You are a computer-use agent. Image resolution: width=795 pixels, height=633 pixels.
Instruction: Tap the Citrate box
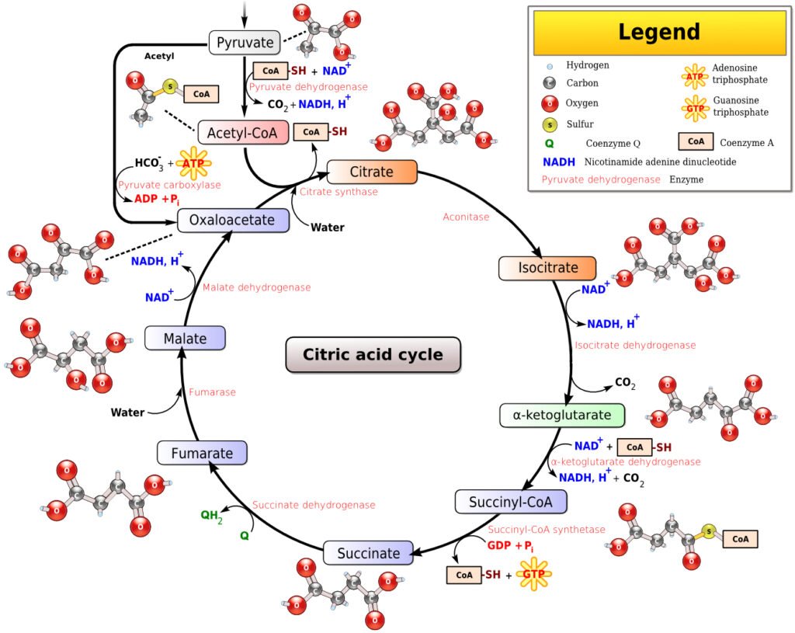(x=372, y=172)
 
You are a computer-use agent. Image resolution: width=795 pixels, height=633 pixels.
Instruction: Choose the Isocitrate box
(x=547, y=268)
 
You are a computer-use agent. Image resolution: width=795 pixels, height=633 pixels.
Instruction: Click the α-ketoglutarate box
(x=561, y=415)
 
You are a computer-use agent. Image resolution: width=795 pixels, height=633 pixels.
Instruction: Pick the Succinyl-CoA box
(x=510, y=502)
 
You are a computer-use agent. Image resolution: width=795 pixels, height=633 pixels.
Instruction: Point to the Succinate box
(x=368, y=554)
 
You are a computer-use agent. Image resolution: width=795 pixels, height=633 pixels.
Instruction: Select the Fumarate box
(x=202, y=454)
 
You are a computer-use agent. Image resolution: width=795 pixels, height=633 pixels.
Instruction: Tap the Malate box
(x=185, y=339)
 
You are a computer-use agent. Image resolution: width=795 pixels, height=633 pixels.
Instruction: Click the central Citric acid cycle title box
(x=373, y=355)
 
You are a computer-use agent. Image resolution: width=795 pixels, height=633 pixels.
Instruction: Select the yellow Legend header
(x=659, y=33)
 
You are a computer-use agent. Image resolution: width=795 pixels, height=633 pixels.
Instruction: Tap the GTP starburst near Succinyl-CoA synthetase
(x=533, y=575)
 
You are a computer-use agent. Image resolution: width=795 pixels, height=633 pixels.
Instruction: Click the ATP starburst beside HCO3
(x=194, y=163)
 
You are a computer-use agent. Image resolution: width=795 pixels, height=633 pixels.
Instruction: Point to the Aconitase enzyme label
(x=466, y=217)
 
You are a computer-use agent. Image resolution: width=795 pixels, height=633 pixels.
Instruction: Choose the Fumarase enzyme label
(x=212, y=392)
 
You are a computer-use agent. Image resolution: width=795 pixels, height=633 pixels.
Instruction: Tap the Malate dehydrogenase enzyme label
(x=256, y=287)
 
